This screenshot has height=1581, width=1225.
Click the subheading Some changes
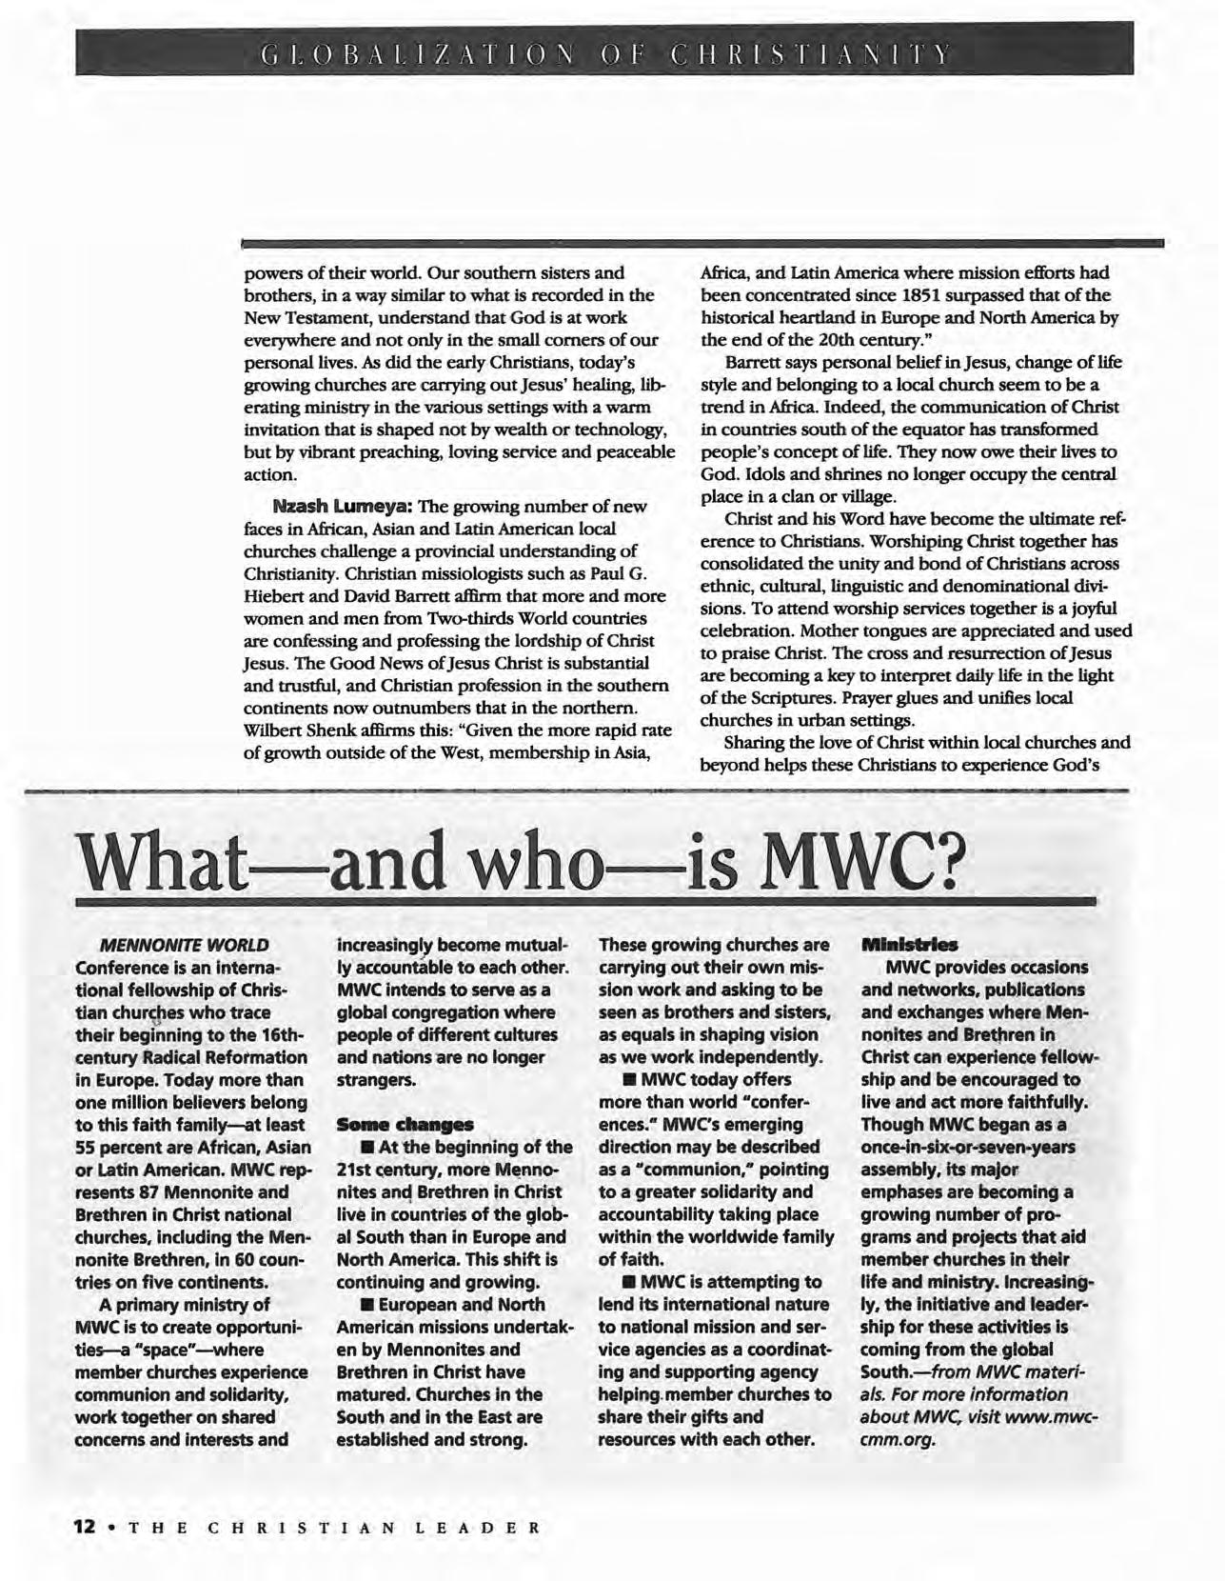point(405,1125)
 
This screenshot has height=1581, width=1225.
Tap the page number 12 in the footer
point(86,1526)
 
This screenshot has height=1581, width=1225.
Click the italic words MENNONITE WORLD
point(185,945)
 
